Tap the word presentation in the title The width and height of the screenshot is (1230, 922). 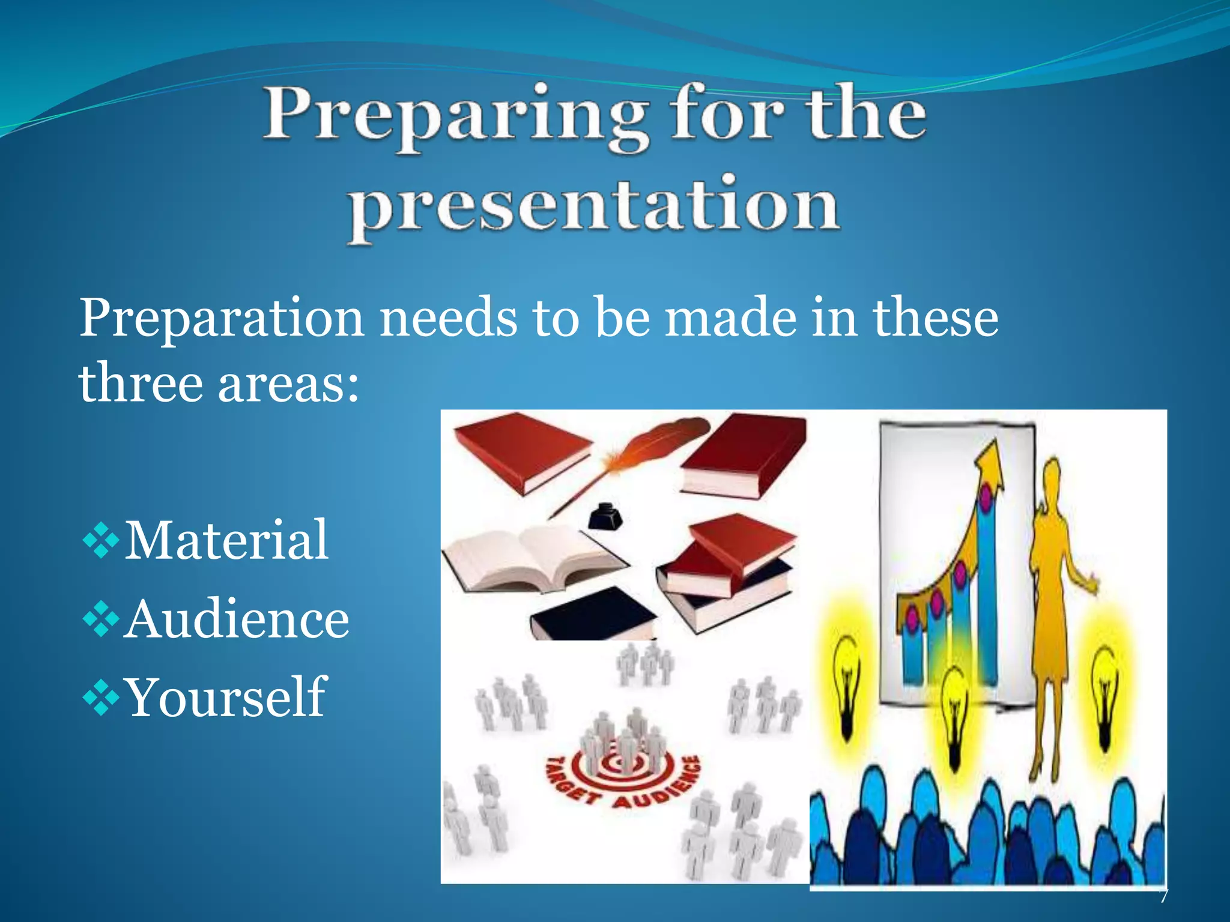click(595, 207)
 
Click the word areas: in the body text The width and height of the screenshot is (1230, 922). click(288, 384)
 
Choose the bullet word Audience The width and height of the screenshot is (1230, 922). click(237, 620)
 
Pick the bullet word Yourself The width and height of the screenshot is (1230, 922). click(226, 698)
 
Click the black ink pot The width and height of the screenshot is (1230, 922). click(605, 516)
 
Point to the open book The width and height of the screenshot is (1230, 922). click(532, 558)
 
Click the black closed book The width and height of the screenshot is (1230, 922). click(592, 615)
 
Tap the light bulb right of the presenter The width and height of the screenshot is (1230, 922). click(1104, 678)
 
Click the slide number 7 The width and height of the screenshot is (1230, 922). click(1163, 896)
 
